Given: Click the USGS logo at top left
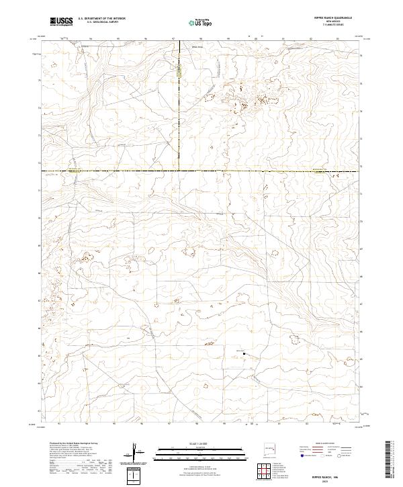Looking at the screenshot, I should [61, 21].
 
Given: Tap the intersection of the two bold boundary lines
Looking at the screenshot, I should [179, 171].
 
